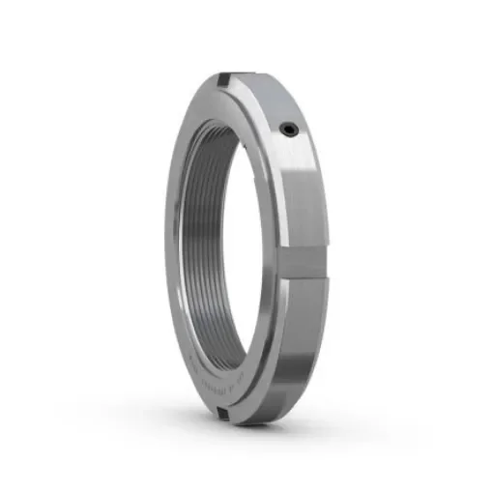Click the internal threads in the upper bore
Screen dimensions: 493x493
point(207,155)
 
